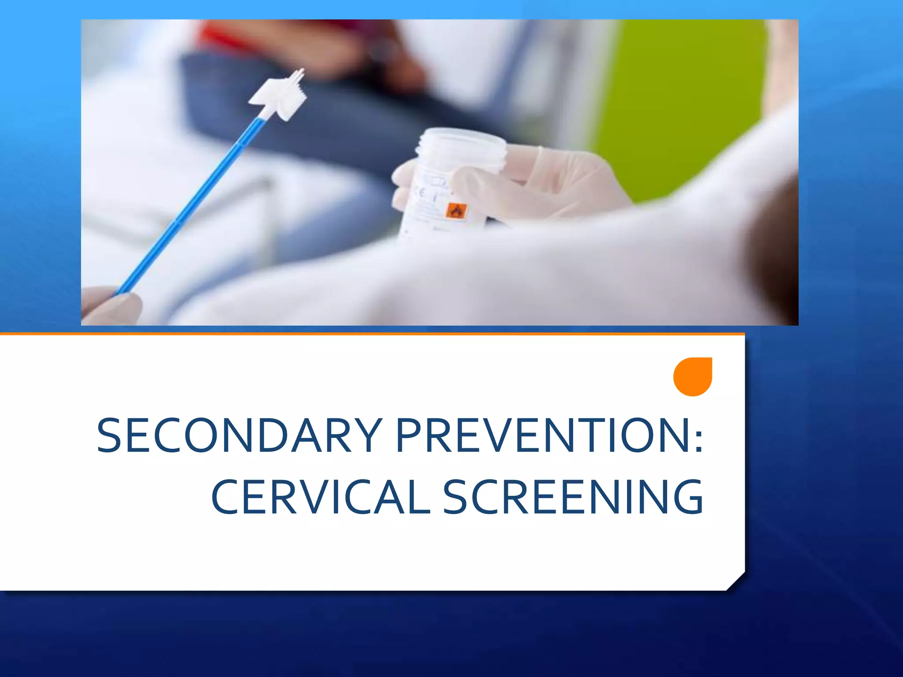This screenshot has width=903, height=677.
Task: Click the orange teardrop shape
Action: click(693, 376)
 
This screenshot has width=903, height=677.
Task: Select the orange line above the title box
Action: click(370, 334)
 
